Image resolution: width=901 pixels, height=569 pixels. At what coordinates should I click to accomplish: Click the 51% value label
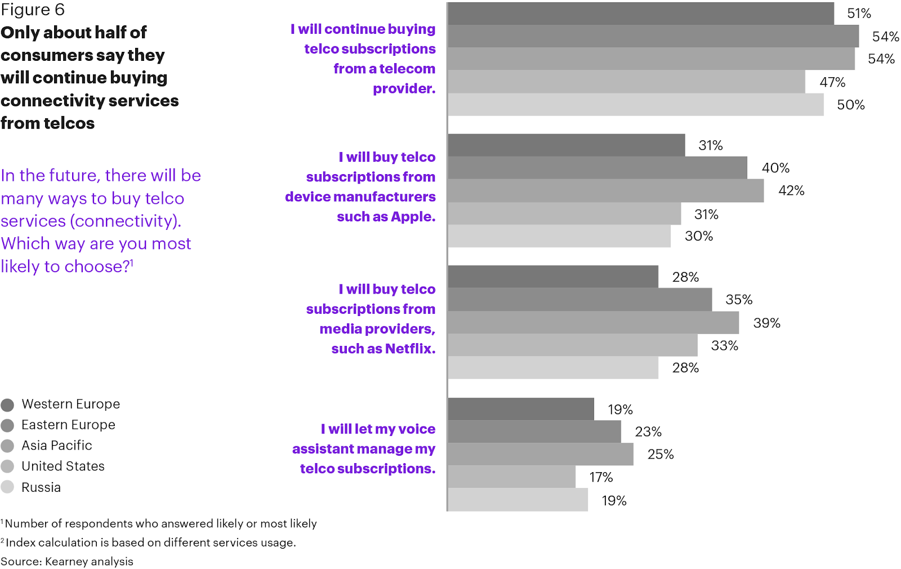coord(859,14)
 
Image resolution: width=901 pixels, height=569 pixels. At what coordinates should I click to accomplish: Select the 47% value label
coord(832,82)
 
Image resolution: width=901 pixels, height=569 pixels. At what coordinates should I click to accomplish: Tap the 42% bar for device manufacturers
coord(605,191)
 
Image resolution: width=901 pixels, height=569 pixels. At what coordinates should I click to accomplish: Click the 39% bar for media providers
coord(593,323)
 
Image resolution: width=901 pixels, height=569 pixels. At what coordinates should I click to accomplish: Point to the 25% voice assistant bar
coord(540,454)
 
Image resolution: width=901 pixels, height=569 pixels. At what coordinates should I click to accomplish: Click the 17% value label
coord(601,478)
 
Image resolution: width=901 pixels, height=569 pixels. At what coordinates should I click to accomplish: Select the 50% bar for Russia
coord(635,105)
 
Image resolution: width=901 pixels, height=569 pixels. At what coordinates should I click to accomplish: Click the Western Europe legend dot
coord(7,405)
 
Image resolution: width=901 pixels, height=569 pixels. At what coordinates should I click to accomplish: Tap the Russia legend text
coord(41,487)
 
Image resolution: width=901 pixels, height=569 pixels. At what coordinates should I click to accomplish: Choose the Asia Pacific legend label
coord(56,446)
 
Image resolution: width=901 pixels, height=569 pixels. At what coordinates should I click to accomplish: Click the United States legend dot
coord(7,466)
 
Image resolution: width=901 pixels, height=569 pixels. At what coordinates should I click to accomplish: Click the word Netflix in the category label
coord(410,349)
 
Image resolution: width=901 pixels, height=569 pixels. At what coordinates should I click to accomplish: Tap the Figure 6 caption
coord(33,10)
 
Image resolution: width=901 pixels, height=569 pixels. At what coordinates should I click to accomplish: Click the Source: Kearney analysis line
coord(67,562)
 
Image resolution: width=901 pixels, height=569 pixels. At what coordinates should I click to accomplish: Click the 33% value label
coord(724,346)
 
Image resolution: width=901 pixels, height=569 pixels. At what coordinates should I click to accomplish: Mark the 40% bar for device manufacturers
coord(597,168)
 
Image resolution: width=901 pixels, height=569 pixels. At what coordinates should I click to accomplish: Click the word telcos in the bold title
coord(70,123)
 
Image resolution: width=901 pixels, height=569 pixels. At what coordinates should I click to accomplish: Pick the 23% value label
coord(648,432)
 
